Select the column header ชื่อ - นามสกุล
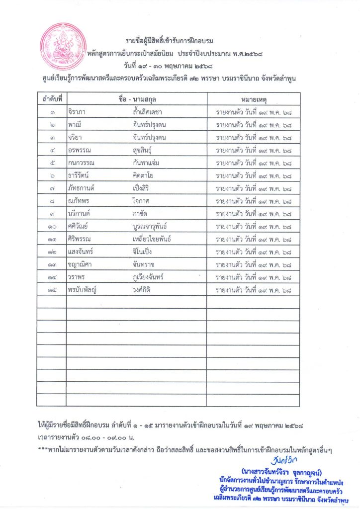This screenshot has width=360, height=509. (x=136, y=98)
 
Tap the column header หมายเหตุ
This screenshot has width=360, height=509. (x=253, y=98)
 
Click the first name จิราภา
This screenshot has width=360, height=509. (x=79, y=111)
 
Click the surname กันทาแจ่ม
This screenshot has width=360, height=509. (x=146, y=163)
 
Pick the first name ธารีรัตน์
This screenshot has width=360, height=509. (x=81, y=175)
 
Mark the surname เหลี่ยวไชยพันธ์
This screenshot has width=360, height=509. (x=152, y=239)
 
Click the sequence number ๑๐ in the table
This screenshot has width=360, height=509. (x=52, y=227)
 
